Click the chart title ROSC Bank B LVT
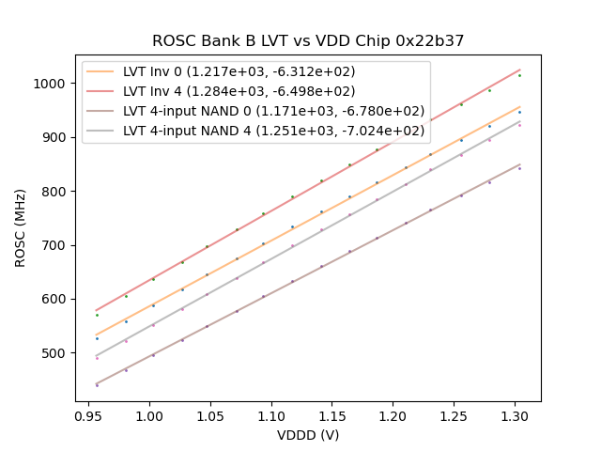(x=308, y=41)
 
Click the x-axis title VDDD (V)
(x=308, y=435)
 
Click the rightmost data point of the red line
(x=519, y=74)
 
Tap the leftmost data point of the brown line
(x=97, y=385)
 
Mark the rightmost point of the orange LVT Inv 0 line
(x=519, y=112)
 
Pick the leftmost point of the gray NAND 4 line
(x=97, y=358)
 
